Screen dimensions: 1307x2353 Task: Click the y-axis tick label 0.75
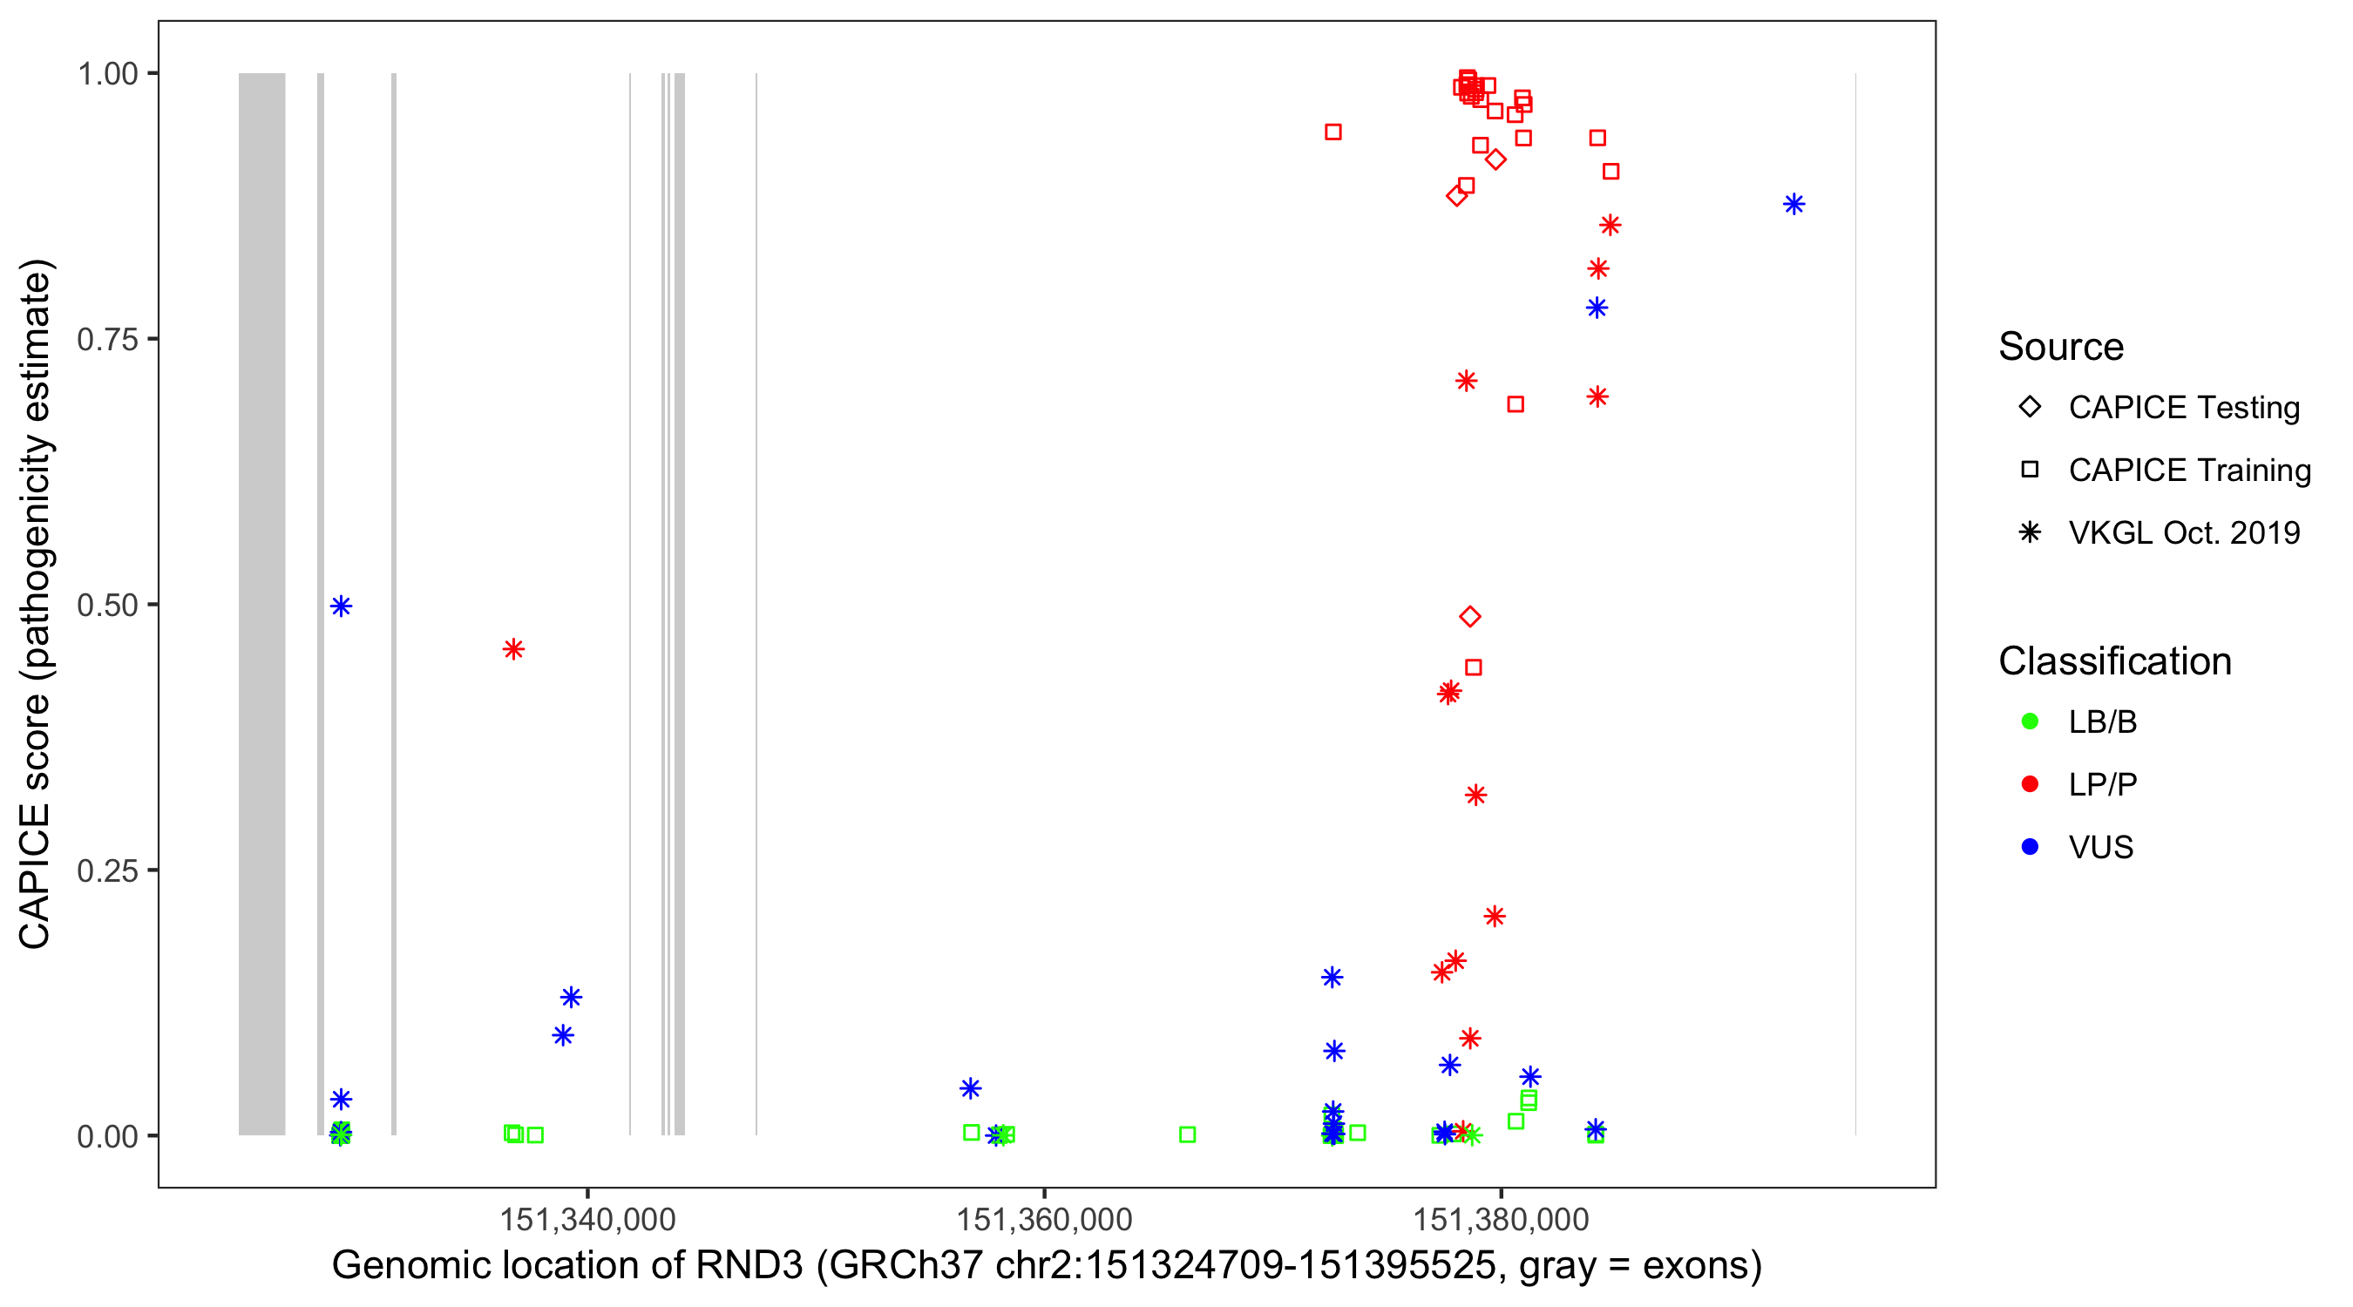pos(106,339)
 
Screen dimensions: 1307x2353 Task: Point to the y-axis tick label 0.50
pos(106,605)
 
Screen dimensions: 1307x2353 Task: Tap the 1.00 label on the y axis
pos(106,73)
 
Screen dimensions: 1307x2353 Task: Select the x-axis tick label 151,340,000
pos(587,1219)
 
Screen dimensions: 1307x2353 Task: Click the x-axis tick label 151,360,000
pos(1044,1219)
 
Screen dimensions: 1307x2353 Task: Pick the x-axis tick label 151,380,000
pos(1501,1219)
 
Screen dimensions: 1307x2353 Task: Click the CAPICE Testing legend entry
pos(2183,408)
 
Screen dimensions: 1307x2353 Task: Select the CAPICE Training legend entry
pos(2188,471)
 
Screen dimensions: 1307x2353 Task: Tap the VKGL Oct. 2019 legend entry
pos(2183,533)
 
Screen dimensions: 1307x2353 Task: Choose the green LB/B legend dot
pos(2030,721)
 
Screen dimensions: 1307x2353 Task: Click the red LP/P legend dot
pos(2030,784)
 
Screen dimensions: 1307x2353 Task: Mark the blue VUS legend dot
pos(2030,848)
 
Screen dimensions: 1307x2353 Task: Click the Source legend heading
pos(2061,347)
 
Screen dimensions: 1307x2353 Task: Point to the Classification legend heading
pos(2114,661)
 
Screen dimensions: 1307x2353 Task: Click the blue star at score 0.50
pos(341,606)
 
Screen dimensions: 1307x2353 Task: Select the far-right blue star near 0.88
pos(1794,205)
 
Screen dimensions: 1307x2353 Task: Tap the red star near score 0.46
pos(513,649)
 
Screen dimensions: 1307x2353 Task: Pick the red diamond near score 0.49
pos(1469,618)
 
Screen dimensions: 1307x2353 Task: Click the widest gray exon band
pos(262,603)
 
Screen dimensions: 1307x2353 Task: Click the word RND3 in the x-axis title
pos(749,1266)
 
